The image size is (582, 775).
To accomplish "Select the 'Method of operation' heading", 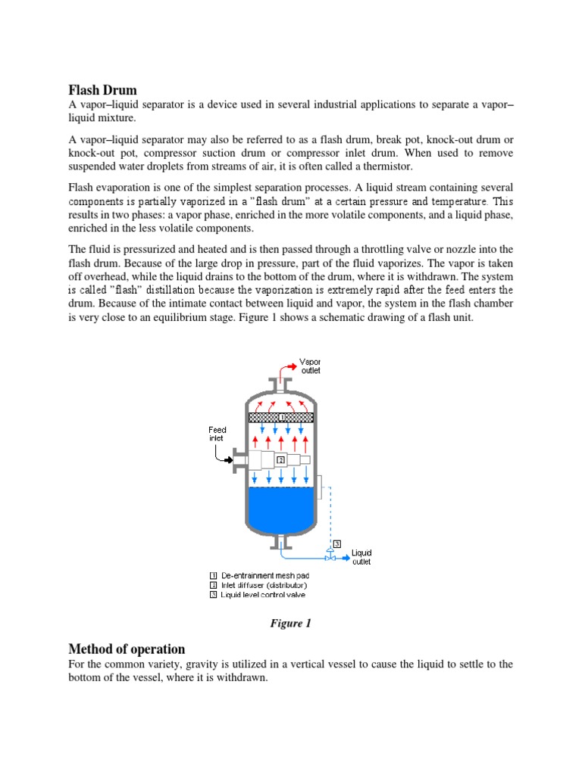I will (x=127, y=649).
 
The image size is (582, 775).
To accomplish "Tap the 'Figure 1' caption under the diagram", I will (x=291, y=624).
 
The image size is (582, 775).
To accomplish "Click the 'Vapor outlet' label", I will (x=310, y=366).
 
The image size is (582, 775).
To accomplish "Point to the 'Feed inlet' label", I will (x=217, y=434).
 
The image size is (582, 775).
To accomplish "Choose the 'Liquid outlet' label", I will (x=361, y=557).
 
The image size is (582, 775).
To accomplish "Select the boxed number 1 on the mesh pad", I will (x=281, y=417).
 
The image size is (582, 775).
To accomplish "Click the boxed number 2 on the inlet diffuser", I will (x=280, y=459).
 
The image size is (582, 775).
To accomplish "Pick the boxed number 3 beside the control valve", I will (x=336, y=543).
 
